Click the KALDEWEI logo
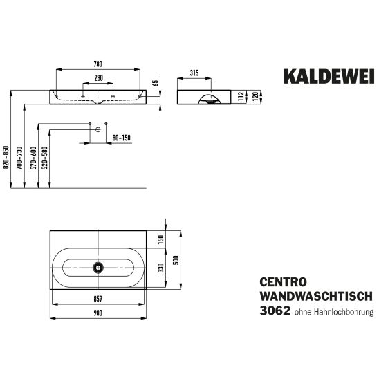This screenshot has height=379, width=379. click(329, 76)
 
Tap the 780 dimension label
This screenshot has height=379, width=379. click(98, 64)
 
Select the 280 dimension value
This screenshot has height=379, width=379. click(98, 78)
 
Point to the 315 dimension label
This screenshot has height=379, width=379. click(194, 73)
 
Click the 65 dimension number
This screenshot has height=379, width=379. click(156, 83)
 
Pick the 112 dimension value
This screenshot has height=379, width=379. click(241, 97)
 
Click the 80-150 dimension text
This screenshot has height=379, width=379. click(121, 138)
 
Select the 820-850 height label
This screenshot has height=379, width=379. click(6, 157)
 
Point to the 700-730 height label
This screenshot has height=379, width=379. click(19, 158)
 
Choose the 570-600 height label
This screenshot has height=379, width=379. click(34, 158)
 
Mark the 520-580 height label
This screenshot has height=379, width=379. click(45, 158)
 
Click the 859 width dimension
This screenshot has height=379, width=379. click(98, 299)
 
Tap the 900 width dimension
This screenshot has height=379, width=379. click(98, 313)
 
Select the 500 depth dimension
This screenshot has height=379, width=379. click(176, 260)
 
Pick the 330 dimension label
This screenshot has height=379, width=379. click(160, 268)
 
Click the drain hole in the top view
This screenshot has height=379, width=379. click(98, 268)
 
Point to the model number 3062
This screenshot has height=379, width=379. click(275, 311)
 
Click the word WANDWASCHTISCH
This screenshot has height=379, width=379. click(316, 296)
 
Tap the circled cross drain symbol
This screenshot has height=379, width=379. click(98, 129)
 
